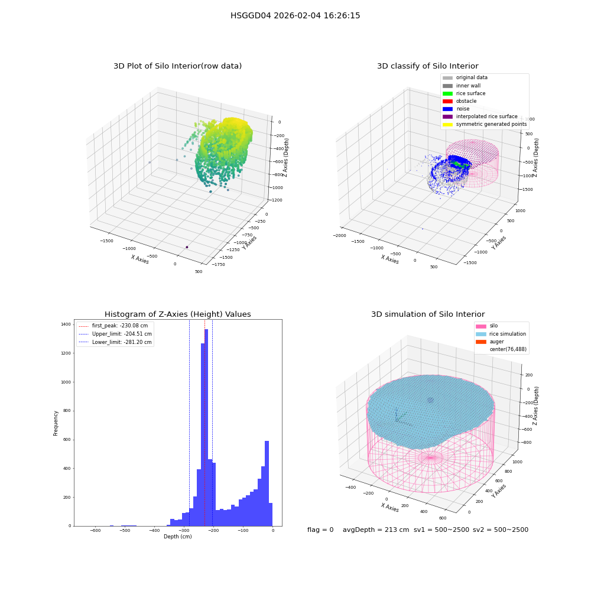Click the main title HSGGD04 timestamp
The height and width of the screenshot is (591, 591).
pos(295,15)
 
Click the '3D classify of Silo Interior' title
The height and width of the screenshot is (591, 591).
pos(428,66)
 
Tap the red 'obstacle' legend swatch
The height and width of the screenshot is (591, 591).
pos(447,102)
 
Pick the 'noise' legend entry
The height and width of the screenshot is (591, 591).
pos(456,109)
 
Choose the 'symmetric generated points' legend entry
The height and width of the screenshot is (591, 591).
pos(485,124)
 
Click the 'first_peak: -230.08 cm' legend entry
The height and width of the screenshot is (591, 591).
pos(113,326)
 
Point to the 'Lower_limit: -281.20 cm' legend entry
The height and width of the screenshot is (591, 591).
pos(115,342)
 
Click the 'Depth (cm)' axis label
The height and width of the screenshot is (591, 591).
pos(178,537)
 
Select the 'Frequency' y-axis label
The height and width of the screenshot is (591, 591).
pos(56,423)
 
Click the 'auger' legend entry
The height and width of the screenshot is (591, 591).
pos(489,342)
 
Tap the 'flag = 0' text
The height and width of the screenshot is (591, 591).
pos(320,530)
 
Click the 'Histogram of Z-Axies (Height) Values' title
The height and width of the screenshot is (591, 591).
pos(177,314)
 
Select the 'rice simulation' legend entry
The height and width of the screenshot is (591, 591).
pos(501,334)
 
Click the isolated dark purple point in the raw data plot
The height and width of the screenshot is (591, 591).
pos(187,247)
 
